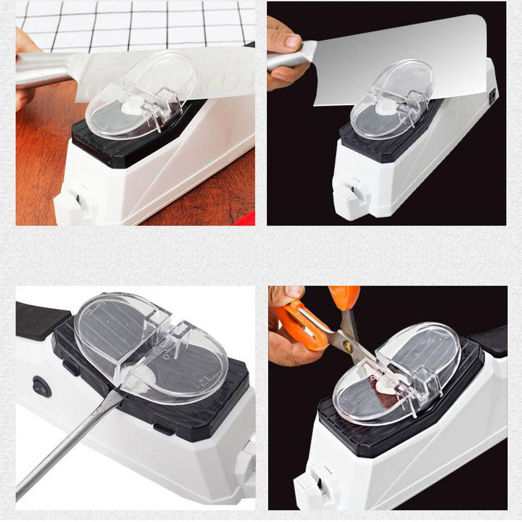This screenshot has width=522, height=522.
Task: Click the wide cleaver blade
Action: point(406,58)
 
